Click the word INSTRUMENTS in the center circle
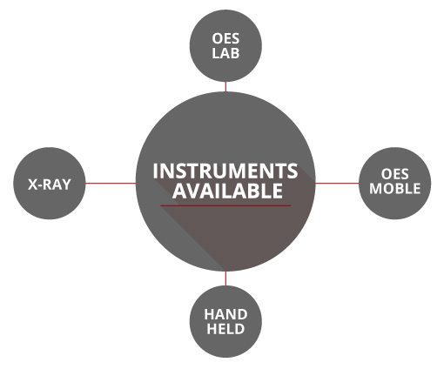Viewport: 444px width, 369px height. [x=225, y=171]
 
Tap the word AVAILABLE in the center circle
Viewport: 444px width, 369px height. [x=227, y=191]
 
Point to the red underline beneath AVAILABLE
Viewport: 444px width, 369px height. [x=225, y=205]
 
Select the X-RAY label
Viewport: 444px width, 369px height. [x=50, y=184]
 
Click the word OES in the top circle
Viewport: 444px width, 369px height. [x=225, y=38]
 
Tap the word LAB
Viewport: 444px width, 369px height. [x=225, y=53]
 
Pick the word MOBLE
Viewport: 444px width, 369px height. [x=395, y=189]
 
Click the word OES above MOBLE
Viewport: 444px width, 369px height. [x=394, y=174]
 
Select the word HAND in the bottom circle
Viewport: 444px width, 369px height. [x=225, y=314]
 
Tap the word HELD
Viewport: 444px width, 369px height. [x=225, y=329]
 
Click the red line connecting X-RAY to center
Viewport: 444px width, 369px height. [x=111, y=184]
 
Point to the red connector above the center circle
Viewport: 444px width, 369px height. [x=225, y=87]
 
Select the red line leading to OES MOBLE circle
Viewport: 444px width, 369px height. [x=337, y=184]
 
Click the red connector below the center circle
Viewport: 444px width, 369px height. [x=225, y=278]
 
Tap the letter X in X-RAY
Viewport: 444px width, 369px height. [x=33, y=184]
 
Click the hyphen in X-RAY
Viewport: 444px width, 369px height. [x=41, y=186]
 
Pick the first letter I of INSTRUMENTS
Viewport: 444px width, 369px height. [x=156, y=171]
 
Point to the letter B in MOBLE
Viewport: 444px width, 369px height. [x=400, y=189]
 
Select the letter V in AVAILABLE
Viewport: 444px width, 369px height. [x=194, y=191]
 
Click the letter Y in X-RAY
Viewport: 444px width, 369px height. [x=66, y=184]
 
